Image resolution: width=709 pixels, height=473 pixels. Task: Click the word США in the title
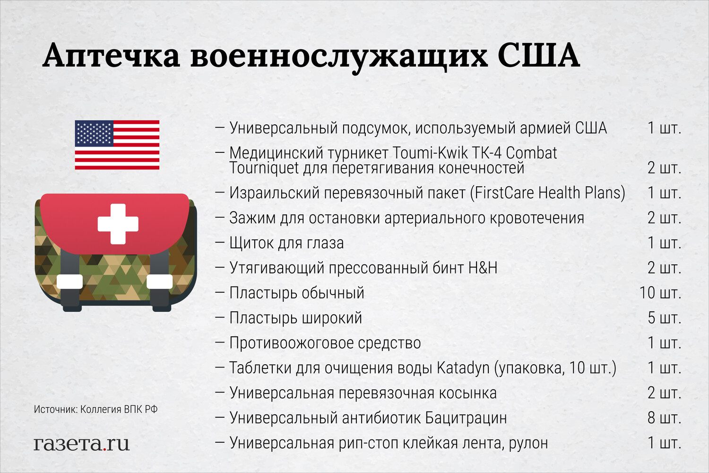click(539, 56)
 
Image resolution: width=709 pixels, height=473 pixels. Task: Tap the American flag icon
click(117, 145)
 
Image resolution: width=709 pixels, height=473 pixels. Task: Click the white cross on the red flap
click(118, 224)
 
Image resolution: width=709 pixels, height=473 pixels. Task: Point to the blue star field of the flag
click(94, 133)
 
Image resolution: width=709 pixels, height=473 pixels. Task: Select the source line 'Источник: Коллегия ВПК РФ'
click(95, 409)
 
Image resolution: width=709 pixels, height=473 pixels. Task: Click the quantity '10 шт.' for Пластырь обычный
click(660, 293)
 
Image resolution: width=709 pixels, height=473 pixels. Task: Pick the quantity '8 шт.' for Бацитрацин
click(665, 418)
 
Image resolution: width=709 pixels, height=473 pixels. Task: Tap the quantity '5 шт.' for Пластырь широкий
click(665, 318)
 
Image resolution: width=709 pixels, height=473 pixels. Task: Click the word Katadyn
click(463, 368)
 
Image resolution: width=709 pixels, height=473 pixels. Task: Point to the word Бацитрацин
click(466, 418)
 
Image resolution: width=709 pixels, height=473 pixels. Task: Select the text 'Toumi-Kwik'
click(430, 153)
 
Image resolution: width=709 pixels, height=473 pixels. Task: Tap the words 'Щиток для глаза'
click(286, 243)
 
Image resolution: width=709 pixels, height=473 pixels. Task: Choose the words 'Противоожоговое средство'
click(325, 343)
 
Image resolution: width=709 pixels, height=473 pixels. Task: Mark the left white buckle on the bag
click(69, 281)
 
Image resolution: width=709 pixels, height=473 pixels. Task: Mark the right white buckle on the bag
click(160, 281)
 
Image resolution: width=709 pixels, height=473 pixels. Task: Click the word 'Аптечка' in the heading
click(112, 56)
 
